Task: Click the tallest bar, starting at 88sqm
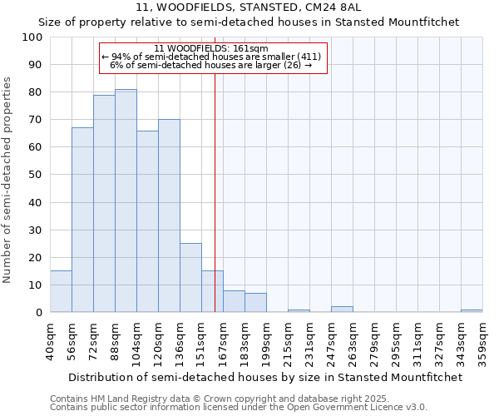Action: point(126,201)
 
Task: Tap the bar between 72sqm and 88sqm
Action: point(104,203)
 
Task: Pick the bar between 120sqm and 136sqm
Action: point(169,215)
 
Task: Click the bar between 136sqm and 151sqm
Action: point(190,278)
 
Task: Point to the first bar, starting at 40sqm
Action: point(61,291)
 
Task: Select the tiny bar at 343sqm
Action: point(472,310)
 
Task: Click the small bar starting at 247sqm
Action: point(342,310)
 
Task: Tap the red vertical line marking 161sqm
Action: point(215,166)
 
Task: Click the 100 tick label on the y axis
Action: point(32,37)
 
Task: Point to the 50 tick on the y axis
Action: point(36,175)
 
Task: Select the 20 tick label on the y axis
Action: point(36,257)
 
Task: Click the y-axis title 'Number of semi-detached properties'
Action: point(8,180)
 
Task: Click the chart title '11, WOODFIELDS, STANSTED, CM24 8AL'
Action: point(249,7)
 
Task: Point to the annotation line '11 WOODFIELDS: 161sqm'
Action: point(211,49)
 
